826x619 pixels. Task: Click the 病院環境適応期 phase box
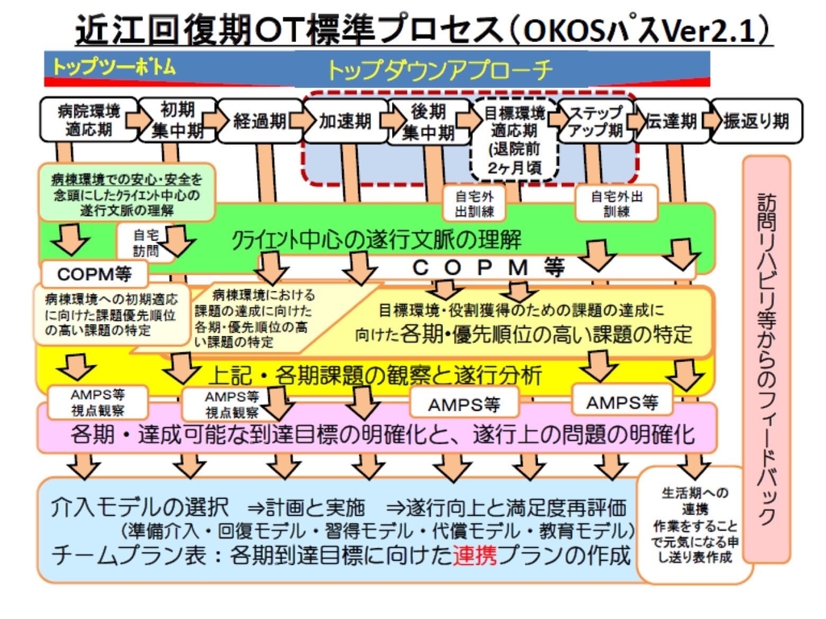tap(89, 119)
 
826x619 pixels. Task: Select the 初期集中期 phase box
tap(177, 121)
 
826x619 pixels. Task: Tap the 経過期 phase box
tap(261, 121)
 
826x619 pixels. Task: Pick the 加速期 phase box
tap(345, 121)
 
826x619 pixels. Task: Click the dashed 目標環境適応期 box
tap(514, 139)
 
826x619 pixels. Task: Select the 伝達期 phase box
tap(671, 121)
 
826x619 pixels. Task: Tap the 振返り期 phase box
tap(757, 121)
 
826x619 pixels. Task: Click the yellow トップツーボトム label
tap(114, 67)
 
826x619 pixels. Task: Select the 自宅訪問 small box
tap(146, 243)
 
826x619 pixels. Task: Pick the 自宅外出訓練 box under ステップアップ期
tap(616, 203)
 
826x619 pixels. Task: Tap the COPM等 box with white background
tap(94, 274)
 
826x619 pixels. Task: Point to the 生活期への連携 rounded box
tap(695, 525)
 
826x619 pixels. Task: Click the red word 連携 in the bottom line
tap(474, 556)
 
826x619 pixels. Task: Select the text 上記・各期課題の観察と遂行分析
tap(375, 376)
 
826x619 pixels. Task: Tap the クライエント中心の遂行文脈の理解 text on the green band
tap(377, 240)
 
